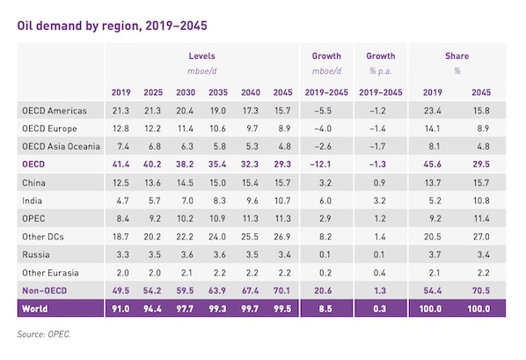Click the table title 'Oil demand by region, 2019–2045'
tap(112, 26)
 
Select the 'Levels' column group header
tap(201, 55)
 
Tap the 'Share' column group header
tap(457, 55)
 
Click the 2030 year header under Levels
tap(186, 92)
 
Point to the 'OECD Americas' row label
tap(55, 111)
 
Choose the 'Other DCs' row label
tap(43, 237)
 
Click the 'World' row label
tap(35, 309)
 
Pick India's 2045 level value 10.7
tap(282, 201)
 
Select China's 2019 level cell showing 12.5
tap(121, 183)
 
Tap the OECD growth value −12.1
tap(320, 165)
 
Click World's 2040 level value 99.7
tap(250, 309)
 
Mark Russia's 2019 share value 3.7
tap(435, 254)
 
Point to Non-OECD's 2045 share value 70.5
tap(481, 290)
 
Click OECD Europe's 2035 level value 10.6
tap(218, 129)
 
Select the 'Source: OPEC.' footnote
tap(44, 334)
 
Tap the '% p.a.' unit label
tap(380, 71)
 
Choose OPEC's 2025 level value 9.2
tap(155, 218)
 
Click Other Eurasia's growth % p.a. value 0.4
tap(379, 273)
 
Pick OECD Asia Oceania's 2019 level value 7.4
tap(123, 146)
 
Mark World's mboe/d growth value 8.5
tap(325, 309)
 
